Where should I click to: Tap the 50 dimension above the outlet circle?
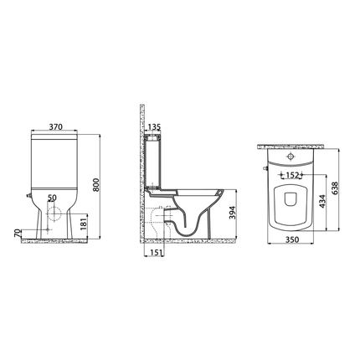[54, 198]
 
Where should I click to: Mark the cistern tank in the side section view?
[153, 159]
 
